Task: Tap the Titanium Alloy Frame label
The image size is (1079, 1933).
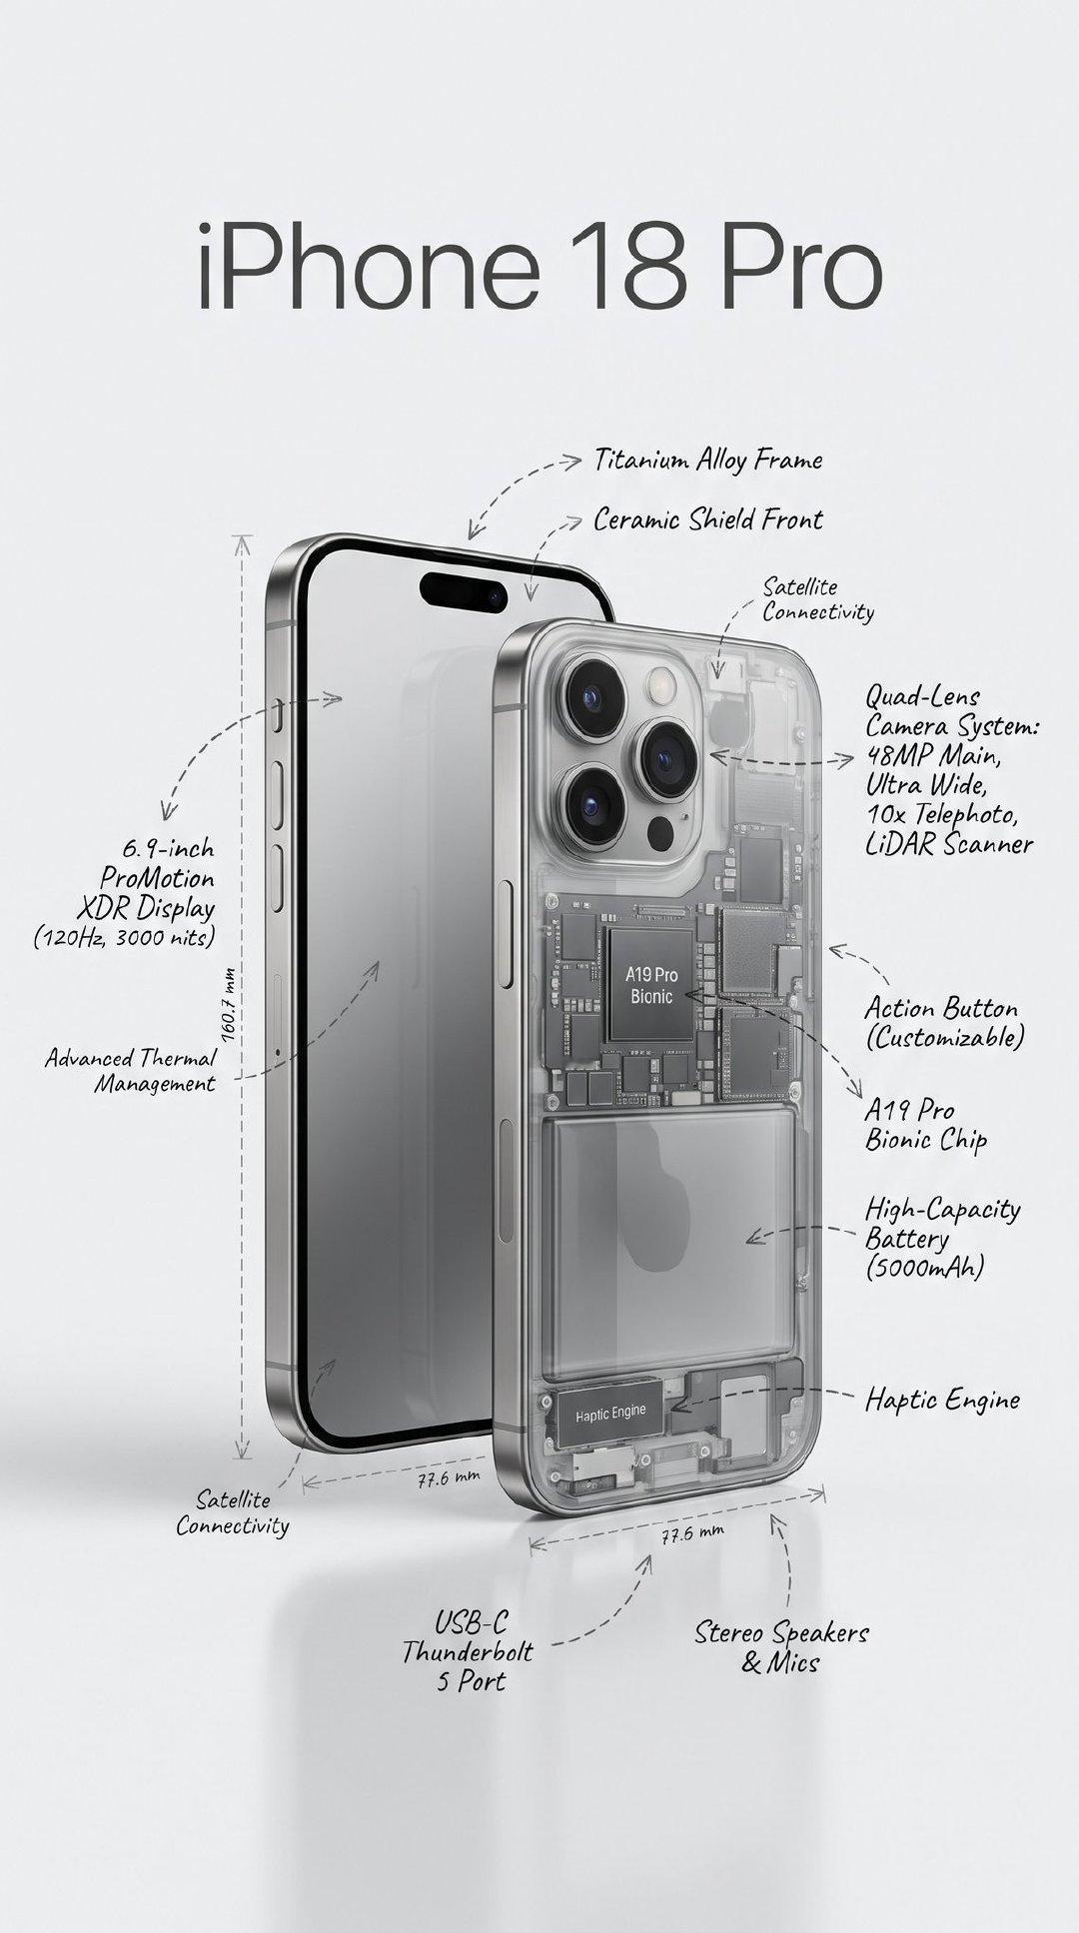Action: pyautogui.click(x=708, y=460)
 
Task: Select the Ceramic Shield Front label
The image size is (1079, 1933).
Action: pyautogui.click(x=708, y=519)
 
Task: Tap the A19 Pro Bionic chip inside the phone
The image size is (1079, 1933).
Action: pyautogui.click(x=651, y=984)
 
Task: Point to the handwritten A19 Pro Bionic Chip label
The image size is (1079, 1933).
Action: pyautogui.click(x=926, y=1125)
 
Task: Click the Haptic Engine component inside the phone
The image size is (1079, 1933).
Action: pyautogui.click(x=609, y=1413)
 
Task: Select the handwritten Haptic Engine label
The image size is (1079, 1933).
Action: pyautogui.click(x=942, y=1399)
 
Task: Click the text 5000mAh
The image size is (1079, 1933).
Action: pyautogui.click(x=925, y=1269)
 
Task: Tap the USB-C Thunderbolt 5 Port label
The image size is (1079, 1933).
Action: pyautogui.click(x=468, y=1651)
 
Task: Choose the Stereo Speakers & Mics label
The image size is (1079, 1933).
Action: pyautogui.click(x=781, y=1647)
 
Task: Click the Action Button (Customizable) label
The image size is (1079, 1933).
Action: pyautogui.click(x=944, y=1023)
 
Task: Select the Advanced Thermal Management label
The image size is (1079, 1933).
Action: pyautogui.click(x=130, y=1071)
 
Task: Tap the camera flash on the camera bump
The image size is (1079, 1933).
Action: pyautogui.click(x=661, y=685)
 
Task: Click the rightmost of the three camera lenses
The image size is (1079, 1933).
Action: pyautogui.click(x=668, y=758)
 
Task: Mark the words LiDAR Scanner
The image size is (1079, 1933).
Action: pyautogui.click(x=949, y=844)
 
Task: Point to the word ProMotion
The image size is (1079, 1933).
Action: pyautogui.click(x=157, y=879)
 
